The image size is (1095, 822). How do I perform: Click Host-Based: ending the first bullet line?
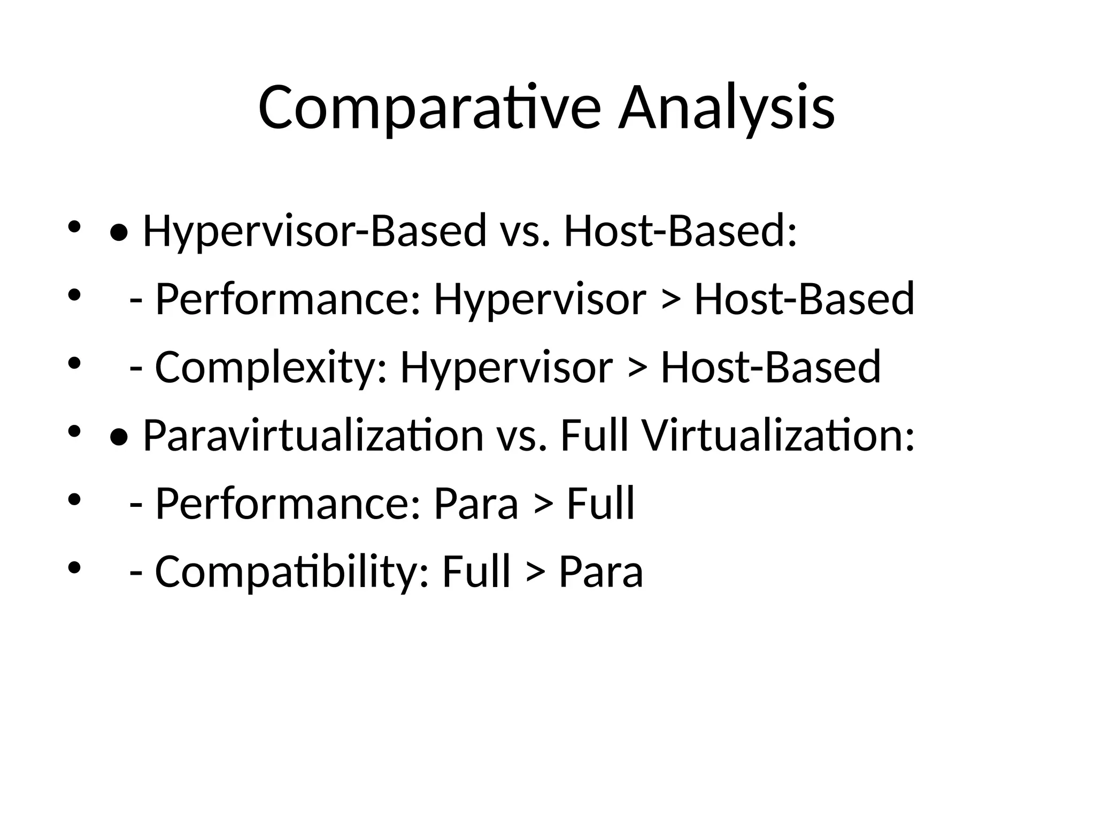[x=680, y=231]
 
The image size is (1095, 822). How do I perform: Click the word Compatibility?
[x=292, y=572]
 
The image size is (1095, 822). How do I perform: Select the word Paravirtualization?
[x=313, y=436]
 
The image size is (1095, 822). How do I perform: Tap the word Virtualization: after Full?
[x=778, y=436]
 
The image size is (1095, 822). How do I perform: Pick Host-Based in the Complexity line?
[x=770, y=368]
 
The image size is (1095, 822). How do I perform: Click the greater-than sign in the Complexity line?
[x=637, y=368]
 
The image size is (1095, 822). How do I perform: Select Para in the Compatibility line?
[x=601, y=572]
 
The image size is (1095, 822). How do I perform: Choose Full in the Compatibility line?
[x=476, y=572]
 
